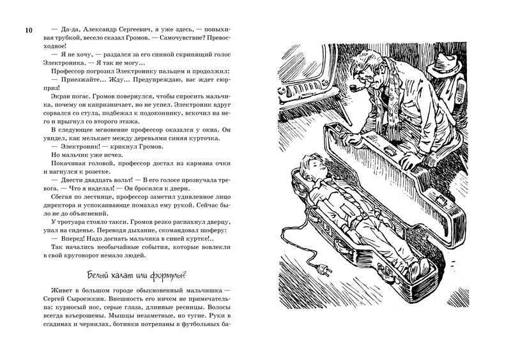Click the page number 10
pyautogui.click(x=27, y=31)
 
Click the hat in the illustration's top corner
pyautogui.click(x=447, y=63)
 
